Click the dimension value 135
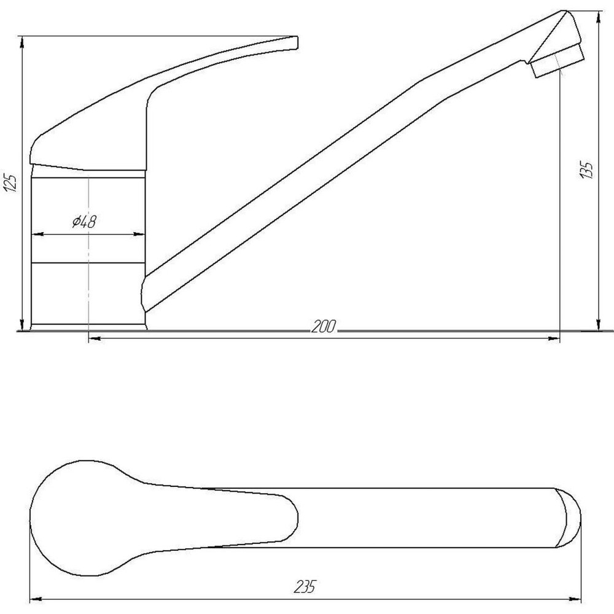click(588, 170)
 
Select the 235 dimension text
click(305, 587)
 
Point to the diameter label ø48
click(84, 222)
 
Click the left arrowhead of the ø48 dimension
click(34, 234)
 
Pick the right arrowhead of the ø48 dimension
click(141, 234)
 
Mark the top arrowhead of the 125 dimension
click(22, 41)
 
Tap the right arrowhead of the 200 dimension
click(555, 337)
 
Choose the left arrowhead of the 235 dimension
click(35, 597)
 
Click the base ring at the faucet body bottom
click(88, 326)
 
